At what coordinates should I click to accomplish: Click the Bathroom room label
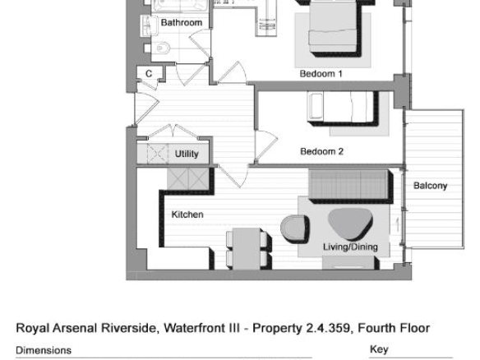point(182,23)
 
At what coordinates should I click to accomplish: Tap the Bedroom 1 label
point(321,74)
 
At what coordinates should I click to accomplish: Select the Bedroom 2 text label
point(321,151)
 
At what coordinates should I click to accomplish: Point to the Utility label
point(187,154)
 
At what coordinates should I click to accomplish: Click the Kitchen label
point(187,215)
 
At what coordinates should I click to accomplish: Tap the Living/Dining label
point(350,247)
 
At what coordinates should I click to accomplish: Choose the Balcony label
point(430,186)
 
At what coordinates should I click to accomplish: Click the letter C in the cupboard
point(149,74)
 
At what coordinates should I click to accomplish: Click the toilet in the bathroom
point(160,48)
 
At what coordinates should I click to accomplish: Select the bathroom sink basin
point(146,25)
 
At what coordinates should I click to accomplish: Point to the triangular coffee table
point(350,224)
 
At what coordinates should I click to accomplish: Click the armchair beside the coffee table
point(294,228)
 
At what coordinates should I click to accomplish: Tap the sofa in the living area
point(350,185)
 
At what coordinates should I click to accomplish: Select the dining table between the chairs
point(247,248)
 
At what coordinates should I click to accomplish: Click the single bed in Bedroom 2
point(342,107)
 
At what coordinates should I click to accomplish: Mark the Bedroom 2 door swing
point(266,145)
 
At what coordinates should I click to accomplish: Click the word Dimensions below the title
point(44,350)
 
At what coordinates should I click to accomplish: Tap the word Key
point(379,349)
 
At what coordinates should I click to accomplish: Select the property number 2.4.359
point(328,328)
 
